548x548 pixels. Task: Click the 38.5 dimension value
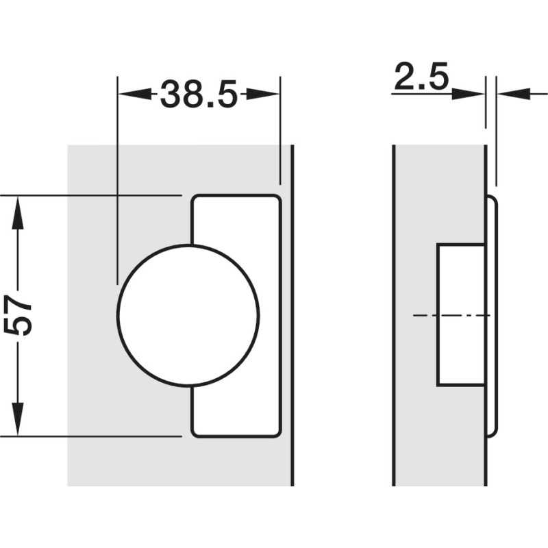click(199, 94)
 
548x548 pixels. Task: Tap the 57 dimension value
click(18, 315)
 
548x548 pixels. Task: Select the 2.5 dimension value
click(421, 77)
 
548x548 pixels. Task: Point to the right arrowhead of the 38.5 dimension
click(262, 94)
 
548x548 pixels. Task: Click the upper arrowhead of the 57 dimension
click(18, 213)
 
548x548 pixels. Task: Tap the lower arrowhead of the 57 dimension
click(18, 419)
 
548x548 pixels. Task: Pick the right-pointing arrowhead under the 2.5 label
click(468, 94)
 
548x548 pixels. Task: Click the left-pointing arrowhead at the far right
click(514, 94)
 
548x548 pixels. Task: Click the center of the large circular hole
click(188, 316)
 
